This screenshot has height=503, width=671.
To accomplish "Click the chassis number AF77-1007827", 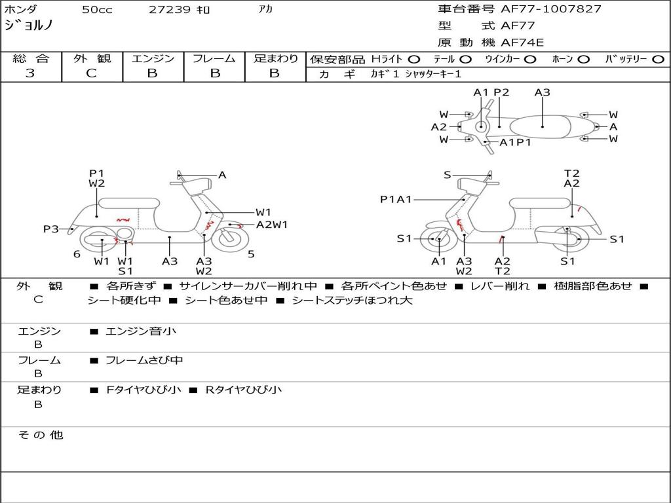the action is [x=551, y=9].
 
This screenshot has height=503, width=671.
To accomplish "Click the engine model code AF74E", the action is [x=522, y=43].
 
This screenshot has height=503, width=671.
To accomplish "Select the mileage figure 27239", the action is [x=169, y=9].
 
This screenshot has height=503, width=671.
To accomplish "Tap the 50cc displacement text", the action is [x=97, y=9].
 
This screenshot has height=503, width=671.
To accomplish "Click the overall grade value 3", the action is [x=30, y=73].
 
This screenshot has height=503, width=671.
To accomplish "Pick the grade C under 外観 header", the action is [x=91, y=73].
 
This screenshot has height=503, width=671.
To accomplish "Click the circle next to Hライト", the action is [x=414, y=60].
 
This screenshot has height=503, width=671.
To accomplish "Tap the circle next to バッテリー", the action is [x=659, y=60].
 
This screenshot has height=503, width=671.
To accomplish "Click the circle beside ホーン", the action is [x=584, y=60].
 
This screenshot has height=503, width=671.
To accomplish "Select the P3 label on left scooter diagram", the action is [x=51, y=229].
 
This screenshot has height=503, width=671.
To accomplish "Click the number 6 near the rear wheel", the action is [x=77, y=254].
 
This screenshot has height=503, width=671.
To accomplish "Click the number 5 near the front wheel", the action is [x=251, y=254].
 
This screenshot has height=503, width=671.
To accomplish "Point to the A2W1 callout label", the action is [x=272, y=225].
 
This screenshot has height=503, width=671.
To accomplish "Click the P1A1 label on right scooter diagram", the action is [x=396, y=199].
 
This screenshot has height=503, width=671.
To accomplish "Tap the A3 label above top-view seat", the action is [x=542, y=92].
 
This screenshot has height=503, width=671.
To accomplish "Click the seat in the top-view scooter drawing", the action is [x=540, y=127].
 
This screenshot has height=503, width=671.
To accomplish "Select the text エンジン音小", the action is [x=140, y=331].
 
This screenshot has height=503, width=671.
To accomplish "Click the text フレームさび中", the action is [x=144, y=361].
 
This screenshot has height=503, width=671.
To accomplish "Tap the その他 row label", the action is [x=41, y=435].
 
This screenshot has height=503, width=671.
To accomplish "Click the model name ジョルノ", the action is [x=28, y=25].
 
